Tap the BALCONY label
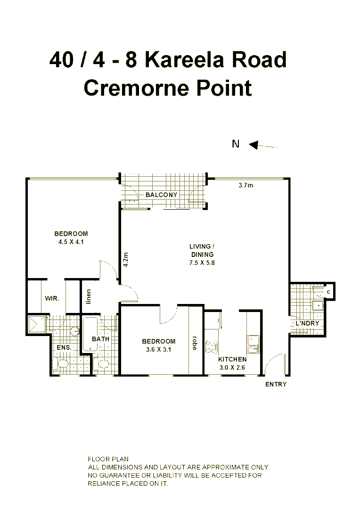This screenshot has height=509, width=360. coord(161,195)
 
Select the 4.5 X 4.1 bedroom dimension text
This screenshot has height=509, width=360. coord(71,242)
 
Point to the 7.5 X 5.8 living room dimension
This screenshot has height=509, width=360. coord(202,263)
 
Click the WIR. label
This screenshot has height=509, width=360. coord(52,298)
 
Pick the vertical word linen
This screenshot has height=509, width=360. coord(88,296)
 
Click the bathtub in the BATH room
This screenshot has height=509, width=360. coord(90,335)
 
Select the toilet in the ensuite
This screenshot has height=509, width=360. coord(61,364)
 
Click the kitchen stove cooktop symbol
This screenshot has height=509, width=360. coord(211,346)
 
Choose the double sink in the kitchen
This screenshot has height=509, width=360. coord(254,344)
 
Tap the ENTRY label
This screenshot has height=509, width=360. coord(276,384)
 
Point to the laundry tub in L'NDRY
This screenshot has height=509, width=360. coord(318,305)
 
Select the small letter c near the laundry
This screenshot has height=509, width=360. coord(328,292)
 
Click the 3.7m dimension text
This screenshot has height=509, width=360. coord(245,186)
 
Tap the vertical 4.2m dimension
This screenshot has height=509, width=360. coord(125,260)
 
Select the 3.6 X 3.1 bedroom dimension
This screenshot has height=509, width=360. coord(158,350)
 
